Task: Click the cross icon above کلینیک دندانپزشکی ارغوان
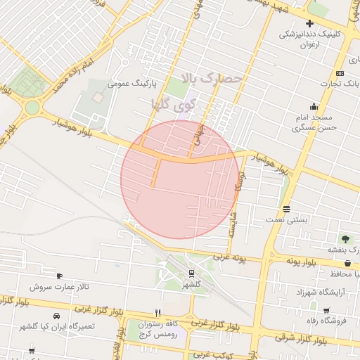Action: coord(309,23)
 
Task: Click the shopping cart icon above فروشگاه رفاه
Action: coord(326,310)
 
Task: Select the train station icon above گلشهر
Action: coord(191,274)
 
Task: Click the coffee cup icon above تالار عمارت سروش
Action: coord(59,276)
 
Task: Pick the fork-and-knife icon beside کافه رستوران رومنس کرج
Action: coord(157,314)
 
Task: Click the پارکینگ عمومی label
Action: coord(127,83)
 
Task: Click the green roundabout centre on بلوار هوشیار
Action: coord(32,108)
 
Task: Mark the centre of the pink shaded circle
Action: coord(180,179)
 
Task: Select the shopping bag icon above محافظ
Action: coord(348,263)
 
